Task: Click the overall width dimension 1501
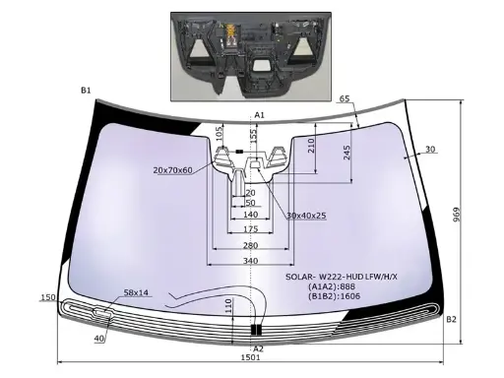(x=250, y=357)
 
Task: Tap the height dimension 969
(x=457, y=215)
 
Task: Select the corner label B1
(x=86, y=91)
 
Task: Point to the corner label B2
(x=451, y=319)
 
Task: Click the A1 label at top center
(x=259, y=115)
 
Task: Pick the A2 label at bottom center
(x=259, y=348)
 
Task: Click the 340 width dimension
(x=250, y=261)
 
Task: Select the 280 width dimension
(x=250, y=245)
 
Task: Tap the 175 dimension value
(x=250, y=229)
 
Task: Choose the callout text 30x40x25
(x=306, y=216)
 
